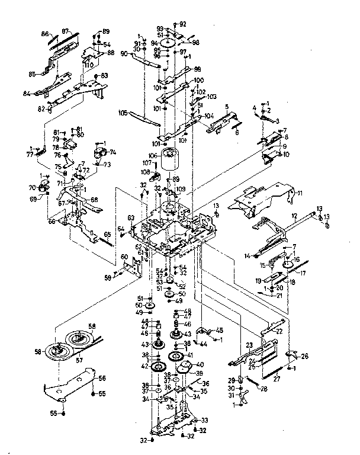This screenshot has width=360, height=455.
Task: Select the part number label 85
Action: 33,74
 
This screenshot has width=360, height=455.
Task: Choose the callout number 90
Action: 125,54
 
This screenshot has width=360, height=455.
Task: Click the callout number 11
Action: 300,193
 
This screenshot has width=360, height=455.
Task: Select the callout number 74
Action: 113,152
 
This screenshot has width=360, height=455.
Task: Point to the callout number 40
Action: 200,364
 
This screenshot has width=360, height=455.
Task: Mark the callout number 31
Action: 232,395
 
